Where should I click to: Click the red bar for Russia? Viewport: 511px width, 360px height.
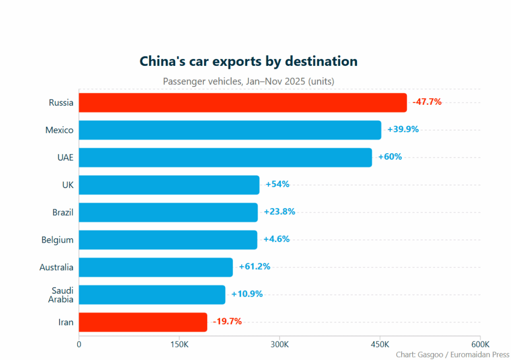point(243,102)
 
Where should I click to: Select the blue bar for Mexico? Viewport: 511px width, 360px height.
point(230,130)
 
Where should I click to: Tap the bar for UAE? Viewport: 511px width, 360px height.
point(225,157)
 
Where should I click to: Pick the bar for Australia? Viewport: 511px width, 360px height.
point(156,267)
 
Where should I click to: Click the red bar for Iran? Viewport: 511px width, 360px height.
point(143,322)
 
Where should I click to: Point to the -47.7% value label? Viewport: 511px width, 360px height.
point(427,102)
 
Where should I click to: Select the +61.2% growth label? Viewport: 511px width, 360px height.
point(255,267)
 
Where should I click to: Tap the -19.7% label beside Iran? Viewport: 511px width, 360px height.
point(227,322)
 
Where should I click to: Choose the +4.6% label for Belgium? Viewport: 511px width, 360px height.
point(276,239)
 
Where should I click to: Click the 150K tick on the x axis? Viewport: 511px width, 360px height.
point(179,345)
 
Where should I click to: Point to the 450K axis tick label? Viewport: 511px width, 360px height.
point(380,345)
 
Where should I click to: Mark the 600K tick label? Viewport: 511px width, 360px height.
point(480,345)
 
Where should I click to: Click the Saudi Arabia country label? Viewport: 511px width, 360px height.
point(61,295)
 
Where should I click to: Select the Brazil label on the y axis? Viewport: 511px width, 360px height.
point(63,212)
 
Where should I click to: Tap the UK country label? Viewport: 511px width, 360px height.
point(67,185)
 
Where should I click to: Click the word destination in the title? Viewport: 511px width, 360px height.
point(321,61)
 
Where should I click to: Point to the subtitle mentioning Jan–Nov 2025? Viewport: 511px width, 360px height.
point(249,81)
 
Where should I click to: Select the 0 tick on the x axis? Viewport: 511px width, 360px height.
point(79,345)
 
